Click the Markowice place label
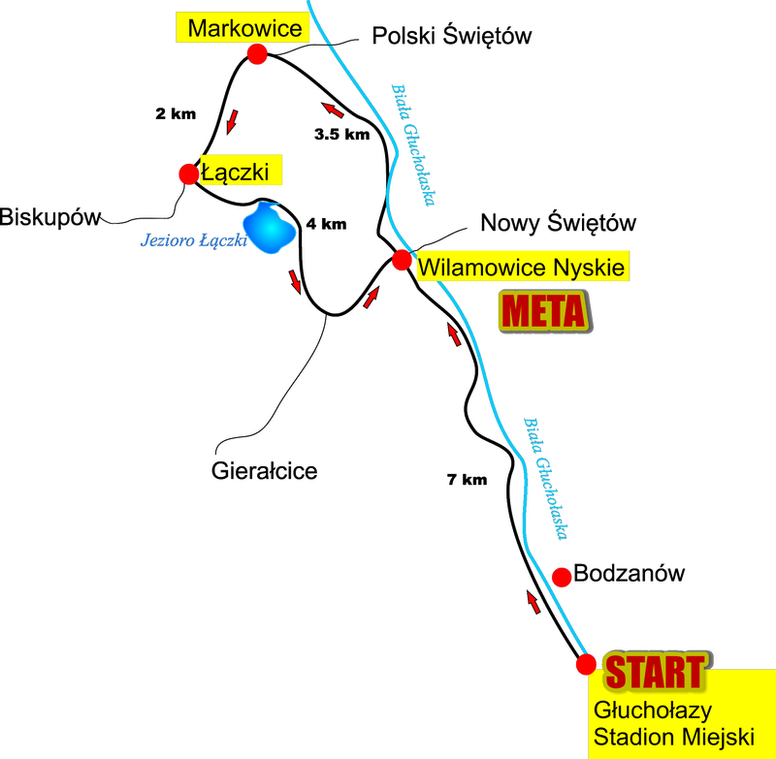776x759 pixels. [x=244, y=28]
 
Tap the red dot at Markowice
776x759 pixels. [x=257, y=54]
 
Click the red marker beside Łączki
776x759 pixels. [x=187, y=174]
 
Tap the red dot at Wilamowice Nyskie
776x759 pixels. [x=401, y=260]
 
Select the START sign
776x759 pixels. [x=656, y=671]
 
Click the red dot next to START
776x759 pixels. [x=587, y=664]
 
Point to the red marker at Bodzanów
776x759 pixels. [x=561, y=577]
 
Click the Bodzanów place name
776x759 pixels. [x=630, y=574]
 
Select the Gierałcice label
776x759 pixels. [x=265, y=473]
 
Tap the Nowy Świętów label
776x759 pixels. [x=561, y=224]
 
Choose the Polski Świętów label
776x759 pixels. [x=452, y=37]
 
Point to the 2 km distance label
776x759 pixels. [x=175, y=113]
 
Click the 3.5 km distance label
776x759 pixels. [x=342, y=135]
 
